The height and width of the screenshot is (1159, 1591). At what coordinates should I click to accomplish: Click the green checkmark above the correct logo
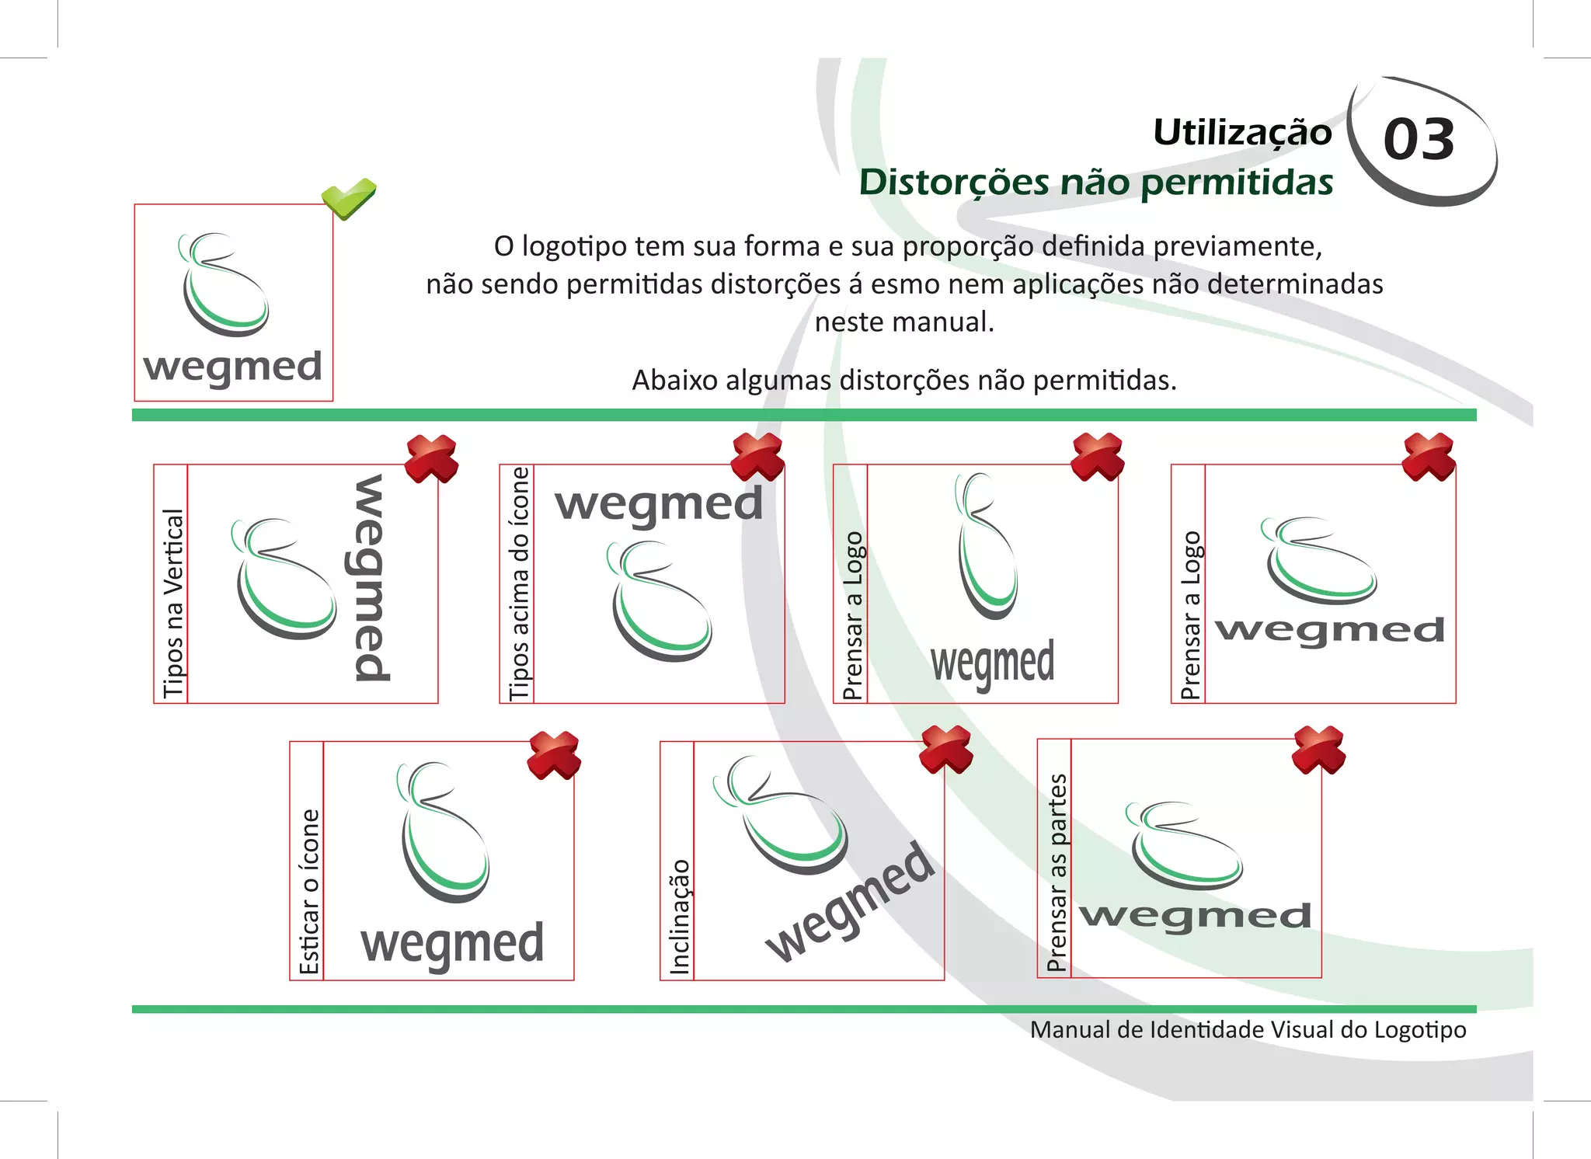(349, 198)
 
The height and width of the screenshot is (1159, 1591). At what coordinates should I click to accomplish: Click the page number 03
(1419, 140)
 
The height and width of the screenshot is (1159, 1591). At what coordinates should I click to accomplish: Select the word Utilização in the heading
(1241, 133)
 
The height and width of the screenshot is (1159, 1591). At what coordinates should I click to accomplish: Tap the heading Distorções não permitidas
(1095, 183)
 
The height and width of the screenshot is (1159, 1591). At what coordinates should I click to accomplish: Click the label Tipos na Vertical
(172, 603)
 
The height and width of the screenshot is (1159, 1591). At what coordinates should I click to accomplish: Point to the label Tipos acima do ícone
(518, 583)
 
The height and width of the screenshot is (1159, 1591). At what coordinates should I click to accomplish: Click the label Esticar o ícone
(308, 891)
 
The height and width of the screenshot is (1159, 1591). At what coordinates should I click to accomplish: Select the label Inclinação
(679, 917)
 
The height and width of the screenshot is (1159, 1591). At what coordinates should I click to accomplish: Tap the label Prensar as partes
(1056, 872)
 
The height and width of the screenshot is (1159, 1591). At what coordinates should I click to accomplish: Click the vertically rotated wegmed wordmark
(371, 579)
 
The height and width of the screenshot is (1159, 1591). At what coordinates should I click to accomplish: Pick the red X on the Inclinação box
(945, 749)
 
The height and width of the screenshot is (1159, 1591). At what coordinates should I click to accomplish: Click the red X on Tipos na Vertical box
(432, 458)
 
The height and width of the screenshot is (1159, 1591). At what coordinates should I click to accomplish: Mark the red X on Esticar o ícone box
(554, 754)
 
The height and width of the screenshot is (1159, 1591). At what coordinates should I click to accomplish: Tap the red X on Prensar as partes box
(1318, 749)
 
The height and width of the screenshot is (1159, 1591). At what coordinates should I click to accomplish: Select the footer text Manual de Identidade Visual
(1248, 1030)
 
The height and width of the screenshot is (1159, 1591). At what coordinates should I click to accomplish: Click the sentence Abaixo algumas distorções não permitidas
(903, 381)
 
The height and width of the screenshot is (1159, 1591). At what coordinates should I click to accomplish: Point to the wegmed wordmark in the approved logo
(232, 367)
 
